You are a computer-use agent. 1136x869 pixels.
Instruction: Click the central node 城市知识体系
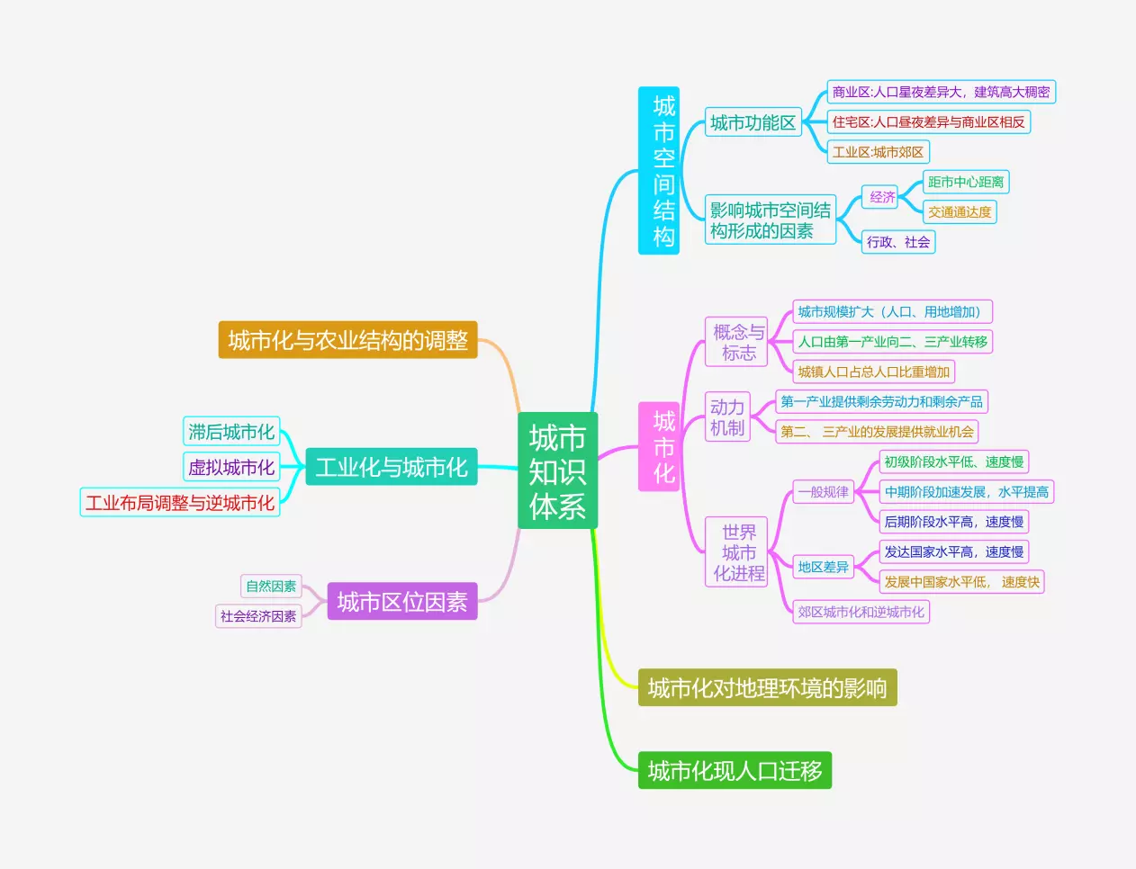[x=557, y=471]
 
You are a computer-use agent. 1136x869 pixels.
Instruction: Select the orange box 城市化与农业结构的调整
[x=347, y=340]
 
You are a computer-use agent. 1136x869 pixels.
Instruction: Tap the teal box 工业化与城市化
[x=391, y=467]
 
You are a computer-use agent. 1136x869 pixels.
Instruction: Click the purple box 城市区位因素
[x=401, y=601]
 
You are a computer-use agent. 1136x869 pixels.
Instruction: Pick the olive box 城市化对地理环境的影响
[x=767, y=688]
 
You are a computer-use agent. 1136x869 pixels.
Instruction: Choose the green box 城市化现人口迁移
[x=735, y=771]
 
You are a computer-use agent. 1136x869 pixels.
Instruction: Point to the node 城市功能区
[x=753, y=122]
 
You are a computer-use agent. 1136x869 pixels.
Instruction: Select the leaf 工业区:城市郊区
[x=878, y=152]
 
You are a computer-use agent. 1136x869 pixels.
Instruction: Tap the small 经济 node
[x=882, y=197]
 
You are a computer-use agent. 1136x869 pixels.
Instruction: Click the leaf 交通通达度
[x=960, y=212]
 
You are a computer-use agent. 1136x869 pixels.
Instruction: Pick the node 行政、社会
[x=898, y=242]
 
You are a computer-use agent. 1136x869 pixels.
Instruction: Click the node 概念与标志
[x=738, y=342]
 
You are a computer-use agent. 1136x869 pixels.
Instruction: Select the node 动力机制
[x=727, y=417]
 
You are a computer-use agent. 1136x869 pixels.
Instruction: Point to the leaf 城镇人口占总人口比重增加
[x=873, y=372]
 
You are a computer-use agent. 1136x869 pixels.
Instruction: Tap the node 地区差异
[x=823, y=567]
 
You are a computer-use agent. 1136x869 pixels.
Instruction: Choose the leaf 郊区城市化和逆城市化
[x=861, y=612]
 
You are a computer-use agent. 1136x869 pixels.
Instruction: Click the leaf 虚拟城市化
[x=231, y=467]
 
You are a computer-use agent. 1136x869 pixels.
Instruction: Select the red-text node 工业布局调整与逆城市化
[x=180, y=503]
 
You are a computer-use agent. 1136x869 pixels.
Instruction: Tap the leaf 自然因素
[x=271, y=587]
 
